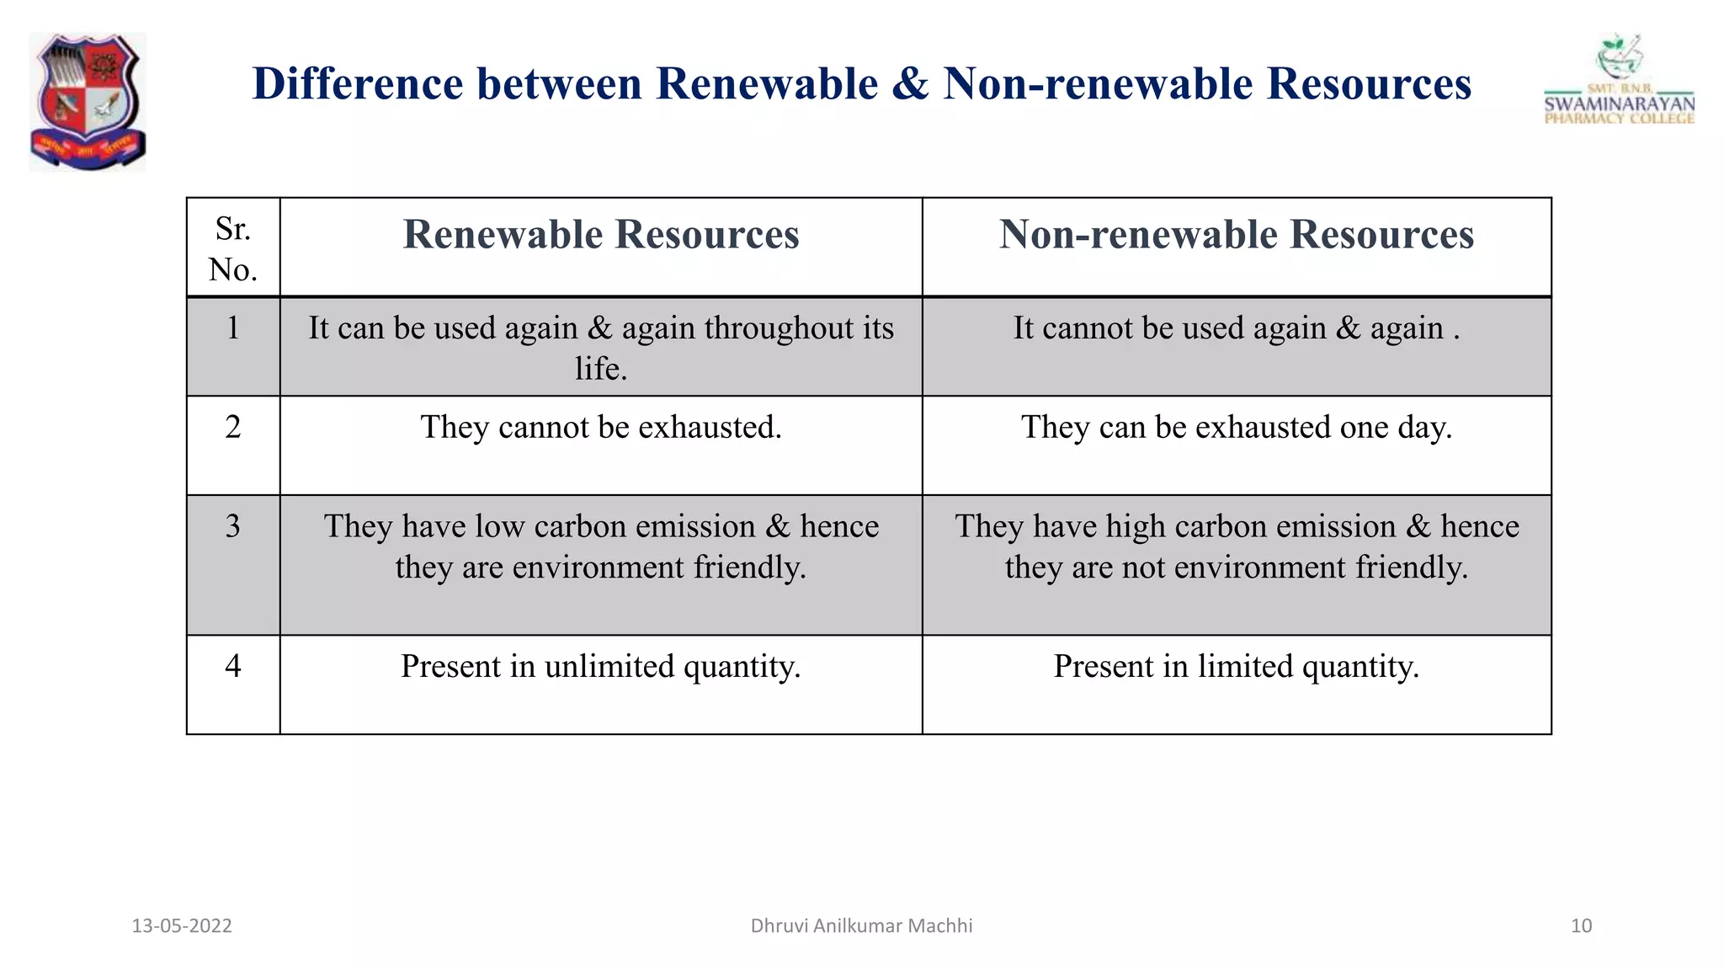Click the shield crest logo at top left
click(88, 101)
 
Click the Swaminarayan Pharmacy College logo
click(1619, 82)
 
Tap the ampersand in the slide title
click(910, 84)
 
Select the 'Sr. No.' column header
click(233, 248)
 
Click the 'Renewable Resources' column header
click(601, 235)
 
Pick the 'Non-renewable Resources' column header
click(1236, 235)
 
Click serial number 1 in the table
click(233, 328)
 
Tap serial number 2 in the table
click(233, 427)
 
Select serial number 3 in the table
click(233, 526)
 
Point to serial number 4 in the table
click(233, 666)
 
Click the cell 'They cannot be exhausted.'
click(601, 428)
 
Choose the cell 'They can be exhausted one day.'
click(1236, 428)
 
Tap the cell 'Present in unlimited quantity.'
click(601, 667)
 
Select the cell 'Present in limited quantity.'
click(1236, 667)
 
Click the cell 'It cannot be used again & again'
click(1236, 328)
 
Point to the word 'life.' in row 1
click(601, 369)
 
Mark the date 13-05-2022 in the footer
click(182, 926)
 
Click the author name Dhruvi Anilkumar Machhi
click(861, 926)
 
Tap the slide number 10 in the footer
click(1581, 926)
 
